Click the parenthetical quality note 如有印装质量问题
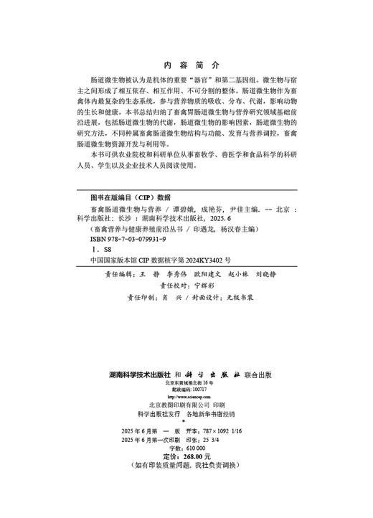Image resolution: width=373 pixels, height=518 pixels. pos(168,466)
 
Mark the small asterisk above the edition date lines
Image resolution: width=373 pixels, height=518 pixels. pos(186,423)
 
